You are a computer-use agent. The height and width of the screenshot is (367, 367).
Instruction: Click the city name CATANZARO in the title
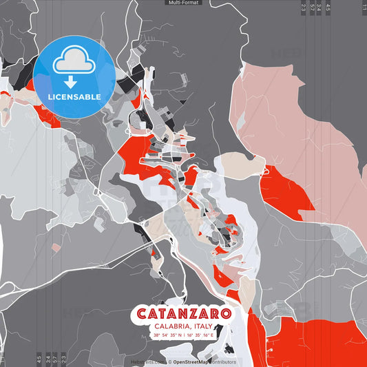click(x=183, y=313)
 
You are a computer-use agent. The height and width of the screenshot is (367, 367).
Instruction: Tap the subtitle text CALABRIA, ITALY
click(x=183, y=326)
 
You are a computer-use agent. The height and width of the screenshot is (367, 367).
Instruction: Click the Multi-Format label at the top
click(x=183, y=3)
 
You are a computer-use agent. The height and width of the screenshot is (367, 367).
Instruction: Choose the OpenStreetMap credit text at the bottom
click(x=204, y=361)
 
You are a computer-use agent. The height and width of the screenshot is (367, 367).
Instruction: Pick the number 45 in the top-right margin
click(x=328, y=8)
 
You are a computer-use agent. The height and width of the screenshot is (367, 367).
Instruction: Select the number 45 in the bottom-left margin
click(x=39, y=358)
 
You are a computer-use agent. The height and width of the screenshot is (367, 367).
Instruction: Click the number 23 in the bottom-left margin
click(x=63, y=358)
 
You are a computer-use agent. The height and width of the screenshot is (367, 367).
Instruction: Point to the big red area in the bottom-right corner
click(x=317, y=341)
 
